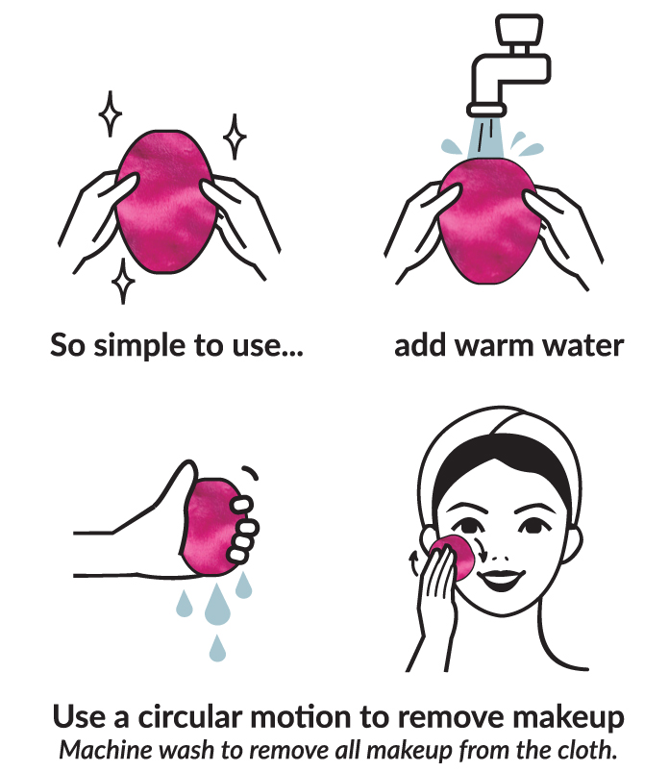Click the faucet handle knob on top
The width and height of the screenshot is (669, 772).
point(519,29)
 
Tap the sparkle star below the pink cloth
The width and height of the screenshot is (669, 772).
point(123,281)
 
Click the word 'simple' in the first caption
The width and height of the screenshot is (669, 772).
point(140,346)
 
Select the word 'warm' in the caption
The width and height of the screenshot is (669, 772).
point(494,346)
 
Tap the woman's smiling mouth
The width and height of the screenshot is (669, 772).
point(501,579)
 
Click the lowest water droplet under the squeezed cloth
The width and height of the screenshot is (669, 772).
point(217,648)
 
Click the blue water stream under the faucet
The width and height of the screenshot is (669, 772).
point(485,137)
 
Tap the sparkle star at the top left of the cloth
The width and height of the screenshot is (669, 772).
point(111,113)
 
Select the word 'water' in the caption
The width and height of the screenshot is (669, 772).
point(582,346)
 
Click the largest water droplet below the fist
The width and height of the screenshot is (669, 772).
point(217,604)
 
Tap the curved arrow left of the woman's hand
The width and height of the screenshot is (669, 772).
point(414,562)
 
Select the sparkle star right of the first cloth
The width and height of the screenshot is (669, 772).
point(235,137)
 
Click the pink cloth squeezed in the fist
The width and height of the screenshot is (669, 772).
point(210,526)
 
